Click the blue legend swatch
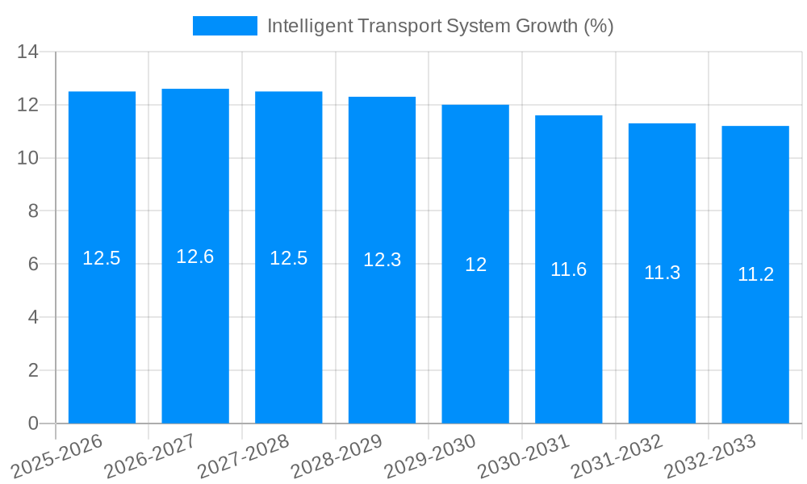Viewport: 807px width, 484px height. tap(224, 26)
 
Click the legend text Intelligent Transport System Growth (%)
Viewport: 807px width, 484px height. tap(440, 26)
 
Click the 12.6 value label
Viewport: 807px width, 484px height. tap(195, 257)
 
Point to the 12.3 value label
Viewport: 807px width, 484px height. tap(382, 260)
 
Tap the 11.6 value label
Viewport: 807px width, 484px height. tap(568, 269)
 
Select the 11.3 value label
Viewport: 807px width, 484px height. tap(662, 273)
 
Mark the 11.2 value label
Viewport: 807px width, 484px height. tap(755, 274)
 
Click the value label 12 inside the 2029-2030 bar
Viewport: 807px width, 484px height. tap(475, 265)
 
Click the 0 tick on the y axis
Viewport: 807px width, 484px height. tap(33, 423)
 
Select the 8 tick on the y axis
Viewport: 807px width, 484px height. tap(33, 211)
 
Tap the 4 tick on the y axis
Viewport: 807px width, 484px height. tap(33, 318)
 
